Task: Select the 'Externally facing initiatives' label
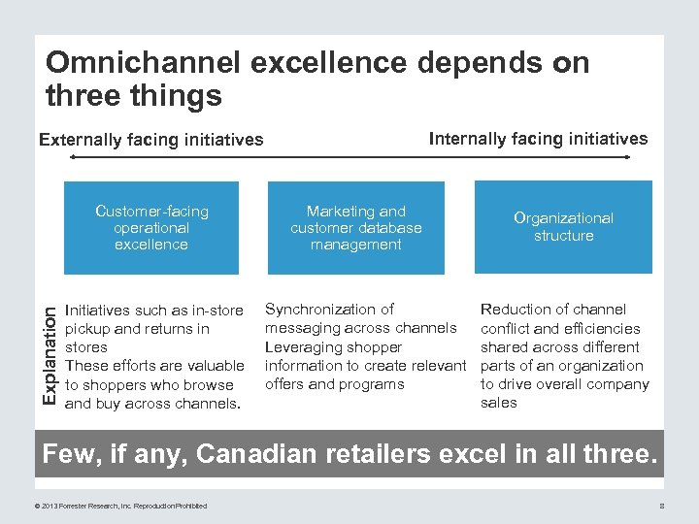(150, 140)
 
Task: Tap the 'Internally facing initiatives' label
(538, 139)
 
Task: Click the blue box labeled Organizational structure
(563, 227)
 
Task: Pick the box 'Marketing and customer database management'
(356, 227)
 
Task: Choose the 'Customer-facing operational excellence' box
(150, 227)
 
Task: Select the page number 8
(661, 505)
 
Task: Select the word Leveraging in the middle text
(305, 346)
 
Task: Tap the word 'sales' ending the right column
(499, 403)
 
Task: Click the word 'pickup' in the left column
(87, 329)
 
